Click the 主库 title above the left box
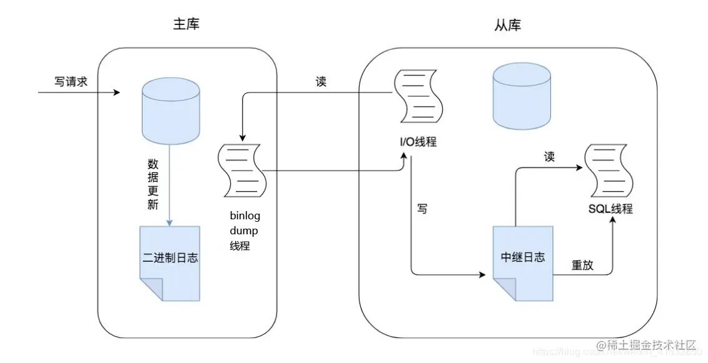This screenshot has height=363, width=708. click(x=187, y=25)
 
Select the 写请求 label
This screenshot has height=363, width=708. click(x=71, y=82)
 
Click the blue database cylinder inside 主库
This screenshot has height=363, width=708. click(x=171, y=111)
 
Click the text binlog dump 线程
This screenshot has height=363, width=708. click(x=245, y=231)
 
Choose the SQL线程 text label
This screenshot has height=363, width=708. click(x=610, y=209)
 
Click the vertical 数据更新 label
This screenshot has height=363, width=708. click(x=153, y=184)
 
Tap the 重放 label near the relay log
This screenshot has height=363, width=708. click(x=582, y=265)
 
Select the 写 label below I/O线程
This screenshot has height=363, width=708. click(x=423, y=209)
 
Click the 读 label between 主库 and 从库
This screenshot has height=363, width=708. click(x=321, y=82)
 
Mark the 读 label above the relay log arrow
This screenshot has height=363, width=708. click(x=549, y=157)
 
